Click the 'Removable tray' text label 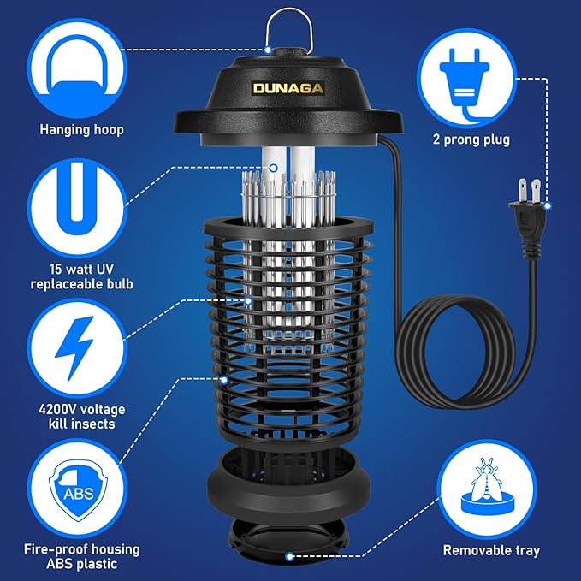pyautogui.click(x=491, y=551)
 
